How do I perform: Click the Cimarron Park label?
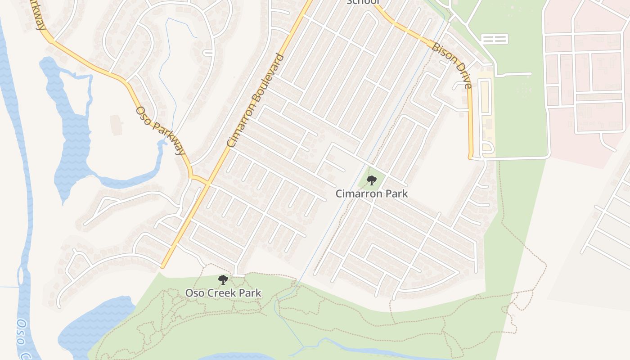372,193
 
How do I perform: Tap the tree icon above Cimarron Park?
372,180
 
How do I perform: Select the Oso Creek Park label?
223,293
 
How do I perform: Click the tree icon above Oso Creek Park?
223,280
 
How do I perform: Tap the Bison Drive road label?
452,65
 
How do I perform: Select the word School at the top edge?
363,2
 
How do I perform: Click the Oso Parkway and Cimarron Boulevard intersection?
208,183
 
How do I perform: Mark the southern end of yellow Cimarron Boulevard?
163,267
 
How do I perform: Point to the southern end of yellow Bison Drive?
471,157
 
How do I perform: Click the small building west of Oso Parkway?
116,125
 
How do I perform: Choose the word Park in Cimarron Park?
397,193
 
